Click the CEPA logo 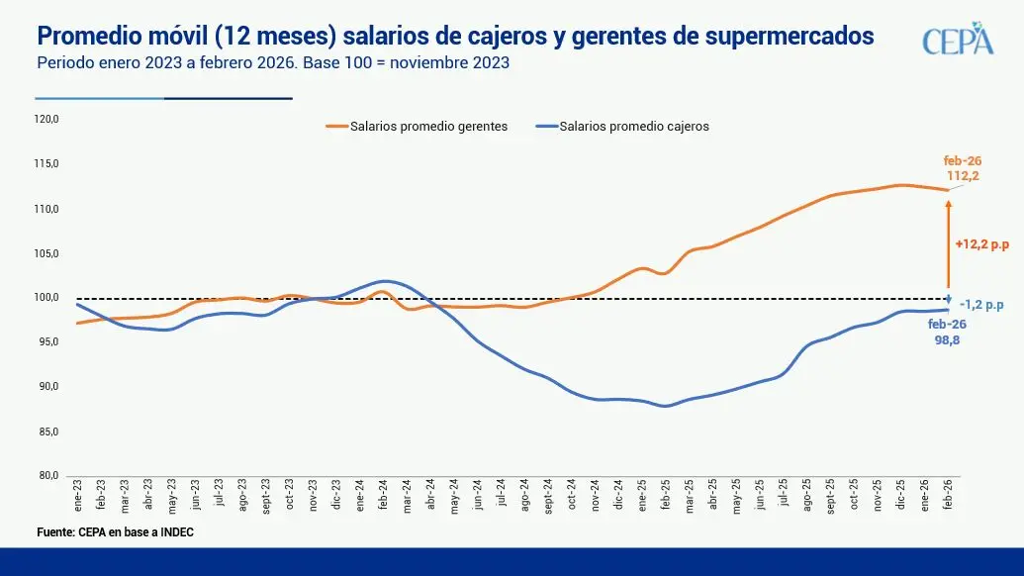click(x=957, y=39)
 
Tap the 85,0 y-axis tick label click(x=47, y=432)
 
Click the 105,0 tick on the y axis click(x=47, y=253)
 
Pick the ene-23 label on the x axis click(x=78, y=492)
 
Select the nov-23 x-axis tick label click(x=313, y=493)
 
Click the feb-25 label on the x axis click(x=666, y=493)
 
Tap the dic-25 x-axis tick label click(x=900, y=493)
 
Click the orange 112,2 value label click(x=962, y=176)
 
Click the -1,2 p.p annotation click(x=981, y=306)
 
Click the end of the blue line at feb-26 click(x=947, y=310)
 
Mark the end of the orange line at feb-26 click(x=947, y=190)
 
